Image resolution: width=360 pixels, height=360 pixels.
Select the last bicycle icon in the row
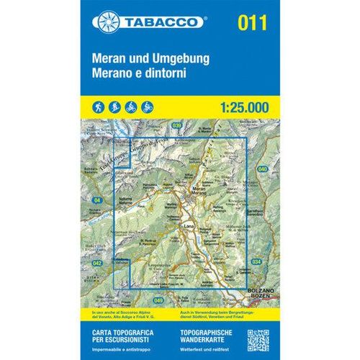click(148, 106)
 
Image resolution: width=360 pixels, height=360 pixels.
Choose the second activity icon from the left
click(114, 106)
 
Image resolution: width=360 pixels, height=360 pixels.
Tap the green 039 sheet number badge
click(177, 126)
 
